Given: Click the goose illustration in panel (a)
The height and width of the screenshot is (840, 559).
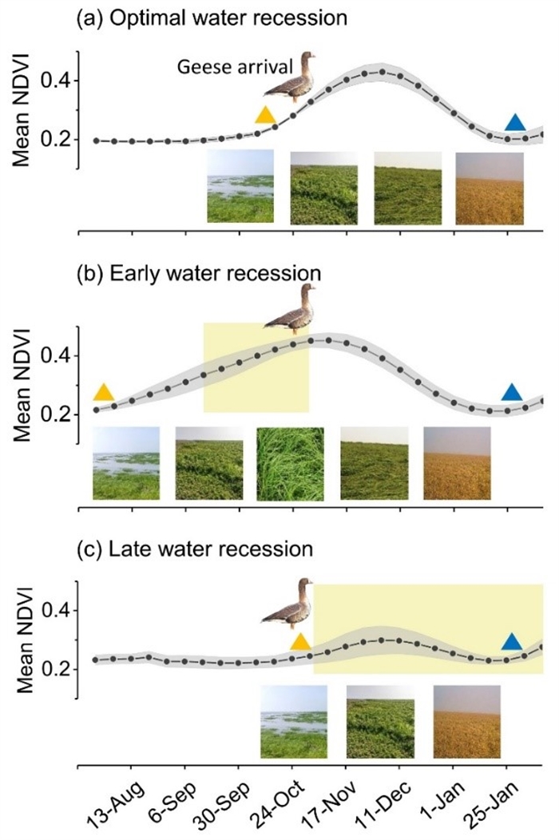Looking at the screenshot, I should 291,77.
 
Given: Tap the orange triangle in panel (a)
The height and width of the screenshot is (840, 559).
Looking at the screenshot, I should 265,116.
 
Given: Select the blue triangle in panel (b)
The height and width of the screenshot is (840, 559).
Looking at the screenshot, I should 511,392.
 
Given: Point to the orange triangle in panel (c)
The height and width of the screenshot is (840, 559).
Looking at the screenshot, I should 300,642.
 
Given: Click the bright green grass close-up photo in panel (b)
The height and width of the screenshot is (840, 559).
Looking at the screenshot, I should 291,463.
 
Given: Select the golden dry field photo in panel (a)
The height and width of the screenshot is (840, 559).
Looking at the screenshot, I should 490,188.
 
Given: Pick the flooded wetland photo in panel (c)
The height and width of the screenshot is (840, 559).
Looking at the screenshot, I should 294,721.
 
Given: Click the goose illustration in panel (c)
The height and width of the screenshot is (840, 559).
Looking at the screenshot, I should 289,606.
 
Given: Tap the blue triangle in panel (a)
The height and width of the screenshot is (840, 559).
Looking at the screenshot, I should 516,122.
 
